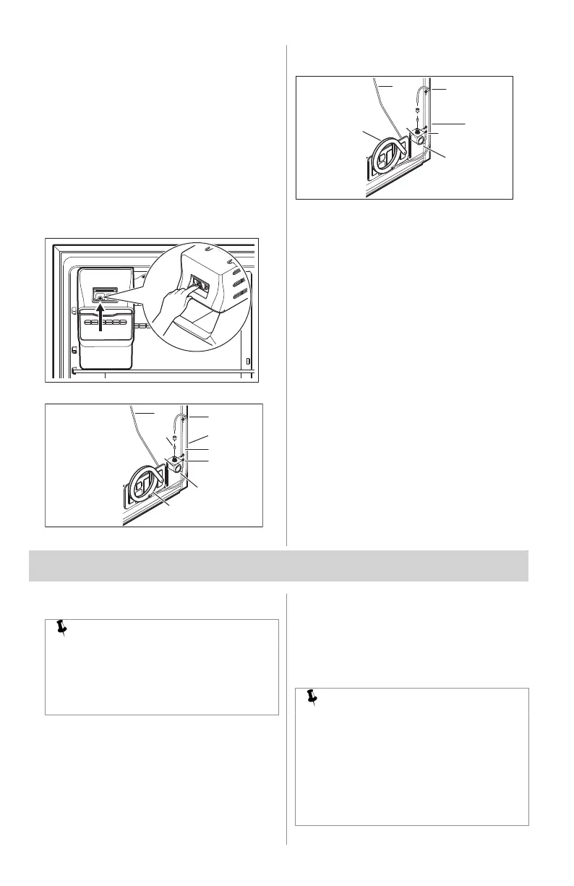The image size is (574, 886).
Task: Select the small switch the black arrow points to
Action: point(100,294)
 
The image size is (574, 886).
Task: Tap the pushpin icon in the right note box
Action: point(313,697)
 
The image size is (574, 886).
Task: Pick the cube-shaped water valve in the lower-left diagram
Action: point(174,467)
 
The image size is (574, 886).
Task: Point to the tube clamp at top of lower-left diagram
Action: point(184,417)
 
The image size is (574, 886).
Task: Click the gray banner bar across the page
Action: point(278,565)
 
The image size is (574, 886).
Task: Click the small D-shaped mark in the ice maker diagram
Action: point(247,361)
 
